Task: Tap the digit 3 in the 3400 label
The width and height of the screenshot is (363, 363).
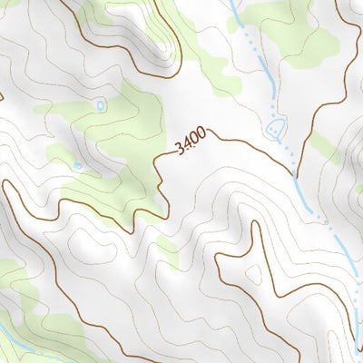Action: [x=181, y=148]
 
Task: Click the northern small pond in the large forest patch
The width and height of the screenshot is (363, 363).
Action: [x=100, y=105]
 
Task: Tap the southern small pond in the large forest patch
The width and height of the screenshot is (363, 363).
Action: [x=78, y=166]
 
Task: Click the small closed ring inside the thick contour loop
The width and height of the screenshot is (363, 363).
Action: [x=255, y=272]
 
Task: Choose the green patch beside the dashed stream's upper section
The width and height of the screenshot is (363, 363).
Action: [x=281, y=27]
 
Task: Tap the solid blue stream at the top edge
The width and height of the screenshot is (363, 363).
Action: [x=234, y=9]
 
